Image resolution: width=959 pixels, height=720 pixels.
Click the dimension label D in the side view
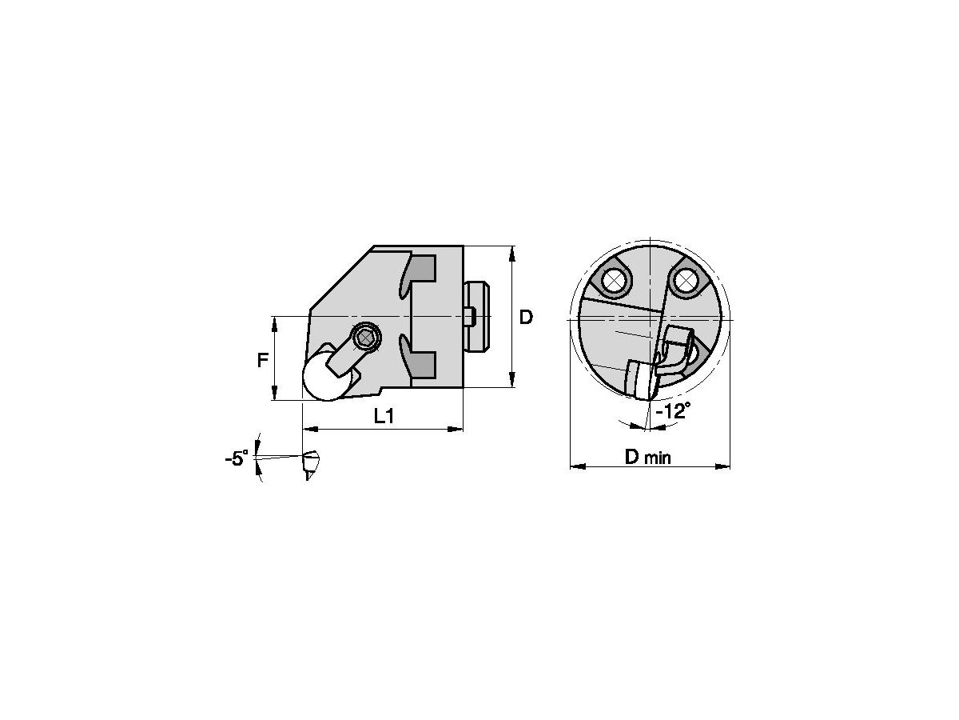coord(525,318)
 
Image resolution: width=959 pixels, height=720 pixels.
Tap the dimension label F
coord(262,360)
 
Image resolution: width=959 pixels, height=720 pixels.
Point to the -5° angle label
coord(237,459)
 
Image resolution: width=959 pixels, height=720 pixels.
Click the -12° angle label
coord(672,411)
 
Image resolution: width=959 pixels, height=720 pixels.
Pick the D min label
coord(648,457)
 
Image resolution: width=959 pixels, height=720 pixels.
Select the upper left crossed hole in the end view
coord(614,279)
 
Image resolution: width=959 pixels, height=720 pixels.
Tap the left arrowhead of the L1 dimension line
coord(308,430)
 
